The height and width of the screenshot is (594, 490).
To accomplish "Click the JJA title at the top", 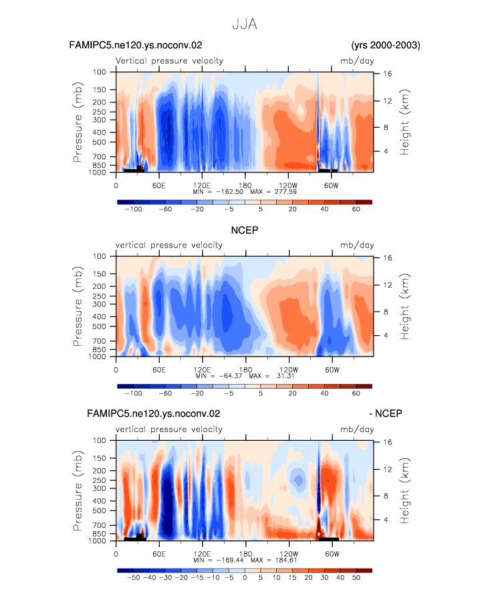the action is click(245, 24).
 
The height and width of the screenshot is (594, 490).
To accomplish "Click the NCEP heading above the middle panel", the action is click(245, 230).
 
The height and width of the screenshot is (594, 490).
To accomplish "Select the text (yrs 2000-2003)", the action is click(386, 45).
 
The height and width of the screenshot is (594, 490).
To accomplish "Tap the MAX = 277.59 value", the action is click(273, 192).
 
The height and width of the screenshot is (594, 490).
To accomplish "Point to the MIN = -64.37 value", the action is click(219, 376).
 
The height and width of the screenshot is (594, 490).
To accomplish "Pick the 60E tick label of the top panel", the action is click(159, 186).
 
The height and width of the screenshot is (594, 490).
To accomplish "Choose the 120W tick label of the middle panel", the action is click(289, 370).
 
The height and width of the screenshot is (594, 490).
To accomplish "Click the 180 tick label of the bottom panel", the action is click(245, 554).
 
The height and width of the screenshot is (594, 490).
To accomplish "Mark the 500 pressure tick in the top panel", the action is click(99, 142).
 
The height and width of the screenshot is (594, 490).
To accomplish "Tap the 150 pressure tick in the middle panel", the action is click(99, 274).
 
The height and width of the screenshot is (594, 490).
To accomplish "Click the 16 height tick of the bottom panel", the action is click(387, 442).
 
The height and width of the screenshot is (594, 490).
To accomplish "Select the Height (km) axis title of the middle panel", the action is click(405, 306).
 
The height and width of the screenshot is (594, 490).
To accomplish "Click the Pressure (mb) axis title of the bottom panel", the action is click(78, 490).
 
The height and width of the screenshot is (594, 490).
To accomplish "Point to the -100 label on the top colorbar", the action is click(133, 209).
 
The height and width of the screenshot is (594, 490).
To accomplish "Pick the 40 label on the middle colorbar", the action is click(324, 393).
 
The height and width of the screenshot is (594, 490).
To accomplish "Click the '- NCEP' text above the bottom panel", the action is click(386, 413).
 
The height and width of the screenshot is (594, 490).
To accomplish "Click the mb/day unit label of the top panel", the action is click(357, 61).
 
